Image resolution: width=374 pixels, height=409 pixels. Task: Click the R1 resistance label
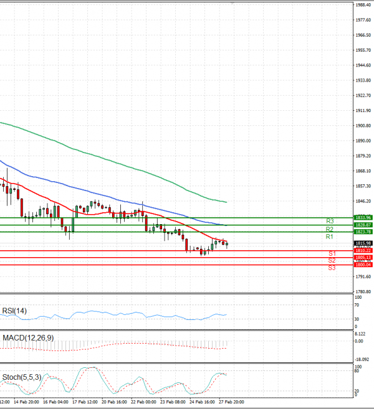click(329, 237)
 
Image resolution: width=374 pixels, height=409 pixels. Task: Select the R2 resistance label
click(330, 229)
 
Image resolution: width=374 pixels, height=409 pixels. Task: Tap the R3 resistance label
click(330, 221)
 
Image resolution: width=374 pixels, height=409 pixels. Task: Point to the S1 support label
click(332, 254)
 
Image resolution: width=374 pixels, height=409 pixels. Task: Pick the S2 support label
click(332, 260)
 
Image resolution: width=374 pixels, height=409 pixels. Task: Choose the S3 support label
click(332, 268)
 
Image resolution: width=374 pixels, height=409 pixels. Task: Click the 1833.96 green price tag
click(363, 217)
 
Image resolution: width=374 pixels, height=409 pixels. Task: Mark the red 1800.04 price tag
click(363, 265)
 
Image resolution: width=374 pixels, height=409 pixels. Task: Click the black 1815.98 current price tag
click(363, 243)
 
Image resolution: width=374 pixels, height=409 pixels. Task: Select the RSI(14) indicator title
click(15, 311)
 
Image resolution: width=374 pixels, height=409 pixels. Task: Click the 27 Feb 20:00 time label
click(230, 402)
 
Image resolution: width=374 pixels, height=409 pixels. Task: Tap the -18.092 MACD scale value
click(362, 359)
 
